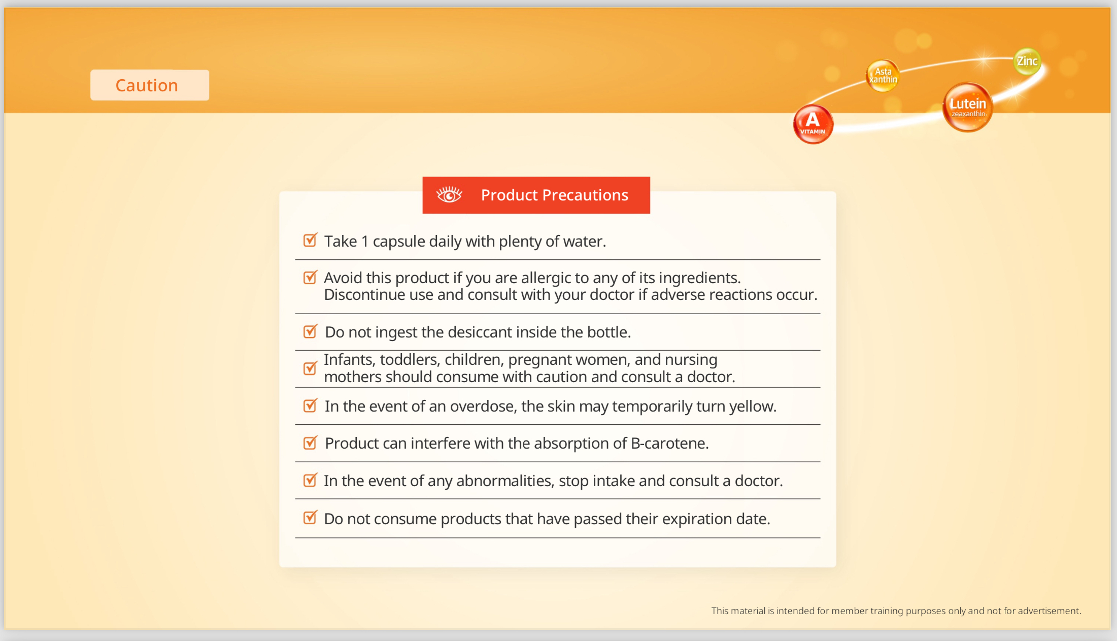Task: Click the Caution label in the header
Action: [x=147, y=85]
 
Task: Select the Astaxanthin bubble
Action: [x=883, y=76]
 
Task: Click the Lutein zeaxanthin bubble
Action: [x=967, y=107]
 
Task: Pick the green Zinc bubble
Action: [x=1027, y=61]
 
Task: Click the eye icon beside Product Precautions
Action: [x=449, y=195]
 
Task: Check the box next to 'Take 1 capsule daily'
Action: [x=310, y=240]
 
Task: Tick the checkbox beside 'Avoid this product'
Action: [x=310, y=278]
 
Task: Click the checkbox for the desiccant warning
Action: [x=310, y=331]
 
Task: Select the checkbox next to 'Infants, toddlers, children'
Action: [x=310, y=368]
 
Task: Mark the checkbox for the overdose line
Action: [x=310, y=406]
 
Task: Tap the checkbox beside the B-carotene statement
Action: [x=310, y=443]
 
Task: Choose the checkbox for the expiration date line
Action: [x=310, y=518]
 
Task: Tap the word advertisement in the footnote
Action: [x=1049, y=611]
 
